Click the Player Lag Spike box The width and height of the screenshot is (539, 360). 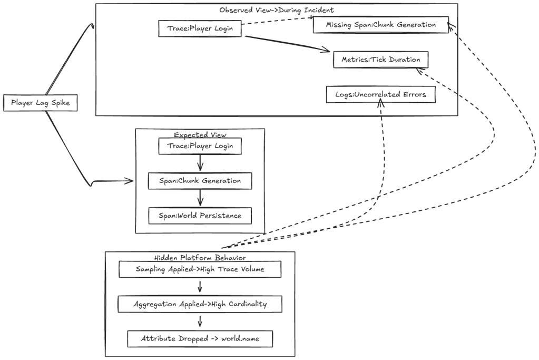40,103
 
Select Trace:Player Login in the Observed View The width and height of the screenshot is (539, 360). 200,28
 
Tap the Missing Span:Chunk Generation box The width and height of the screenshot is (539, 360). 380,25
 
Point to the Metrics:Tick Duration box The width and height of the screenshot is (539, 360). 380,60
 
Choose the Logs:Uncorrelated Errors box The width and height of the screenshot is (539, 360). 380,95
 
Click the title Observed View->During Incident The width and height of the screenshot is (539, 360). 276,10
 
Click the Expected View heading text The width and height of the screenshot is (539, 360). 200,135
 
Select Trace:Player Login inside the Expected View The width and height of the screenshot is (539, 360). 200,146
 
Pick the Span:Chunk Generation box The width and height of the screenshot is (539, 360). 200,181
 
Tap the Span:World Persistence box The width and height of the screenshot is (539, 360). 200,216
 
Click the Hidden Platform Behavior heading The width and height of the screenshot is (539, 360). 200,258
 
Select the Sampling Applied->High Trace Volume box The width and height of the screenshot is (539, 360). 200,269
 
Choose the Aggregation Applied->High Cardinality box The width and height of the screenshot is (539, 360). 200,304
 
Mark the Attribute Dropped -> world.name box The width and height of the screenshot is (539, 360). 200,338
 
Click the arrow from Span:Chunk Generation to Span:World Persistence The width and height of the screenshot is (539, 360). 200,198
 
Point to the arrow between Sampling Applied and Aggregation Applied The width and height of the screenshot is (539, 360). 200,287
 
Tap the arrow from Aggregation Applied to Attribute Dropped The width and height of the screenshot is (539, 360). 200,322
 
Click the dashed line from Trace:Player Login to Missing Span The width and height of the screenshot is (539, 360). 277,22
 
